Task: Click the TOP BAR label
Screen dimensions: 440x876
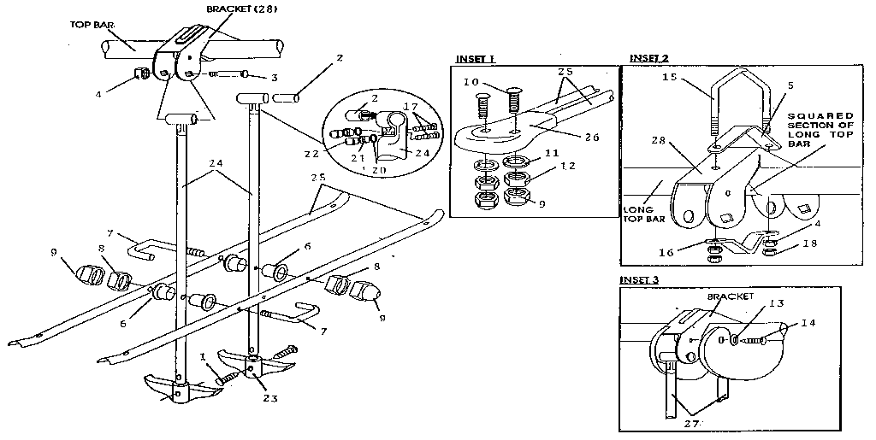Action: click(87, 25)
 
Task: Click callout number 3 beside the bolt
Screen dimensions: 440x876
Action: click(273, 78)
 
